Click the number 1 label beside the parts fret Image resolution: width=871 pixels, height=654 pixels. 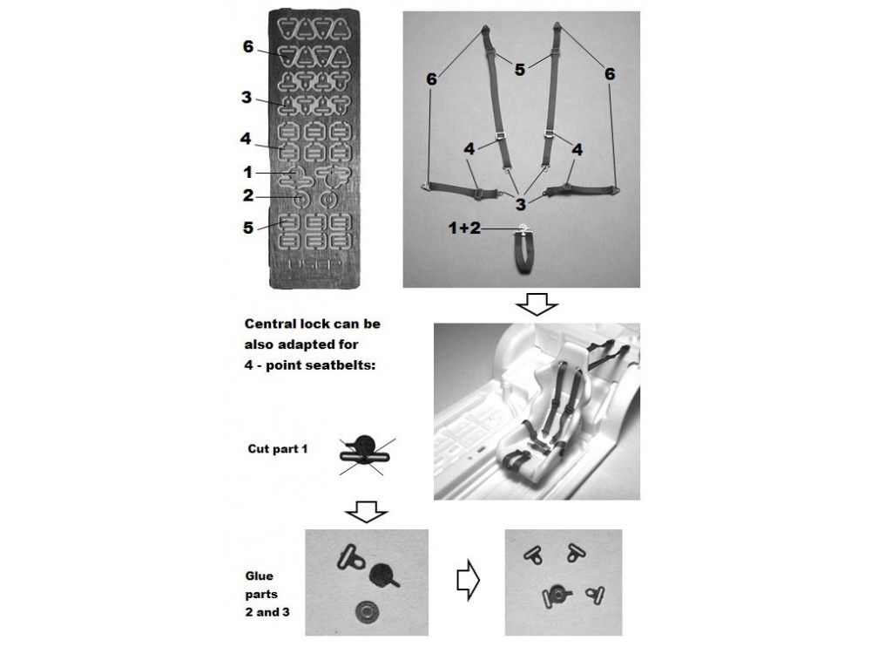[247, 173]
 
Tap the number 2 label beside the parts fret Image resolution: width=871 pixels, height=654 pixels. [247, 195]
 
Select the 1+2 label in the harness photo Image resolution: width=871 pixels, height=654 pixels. [464, 228]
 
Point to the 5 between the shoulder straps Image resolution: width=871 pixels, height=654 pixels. [519, 70]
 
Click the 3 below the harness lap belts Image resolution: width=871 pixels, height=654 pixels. [520, 205]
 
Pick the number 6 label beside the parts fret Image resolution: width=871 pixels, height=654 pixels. [248, 47]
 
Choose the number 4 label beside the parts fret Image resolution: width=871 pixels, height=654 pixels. [246, 139]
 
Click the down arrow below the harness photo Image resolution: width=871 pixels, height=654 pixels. [537, 304]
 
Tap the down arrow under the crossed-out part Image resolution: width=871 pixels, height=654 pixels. [366, 512]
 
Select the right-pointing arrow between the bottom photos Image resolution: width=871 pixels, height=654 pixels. [468, 580]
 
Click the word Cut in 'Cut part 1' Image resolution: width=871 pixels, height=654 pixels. [258, 449]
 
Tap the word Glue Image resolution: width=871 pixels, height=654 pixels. [259, 576]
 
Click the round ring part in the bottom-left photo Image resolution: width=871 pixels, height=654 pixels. [367, 613]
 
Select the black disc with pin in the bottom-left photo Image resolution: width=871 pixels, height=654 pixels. [382, 575]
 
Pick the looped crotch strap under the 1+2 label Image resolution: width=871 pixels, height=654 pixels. [522, 250]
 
